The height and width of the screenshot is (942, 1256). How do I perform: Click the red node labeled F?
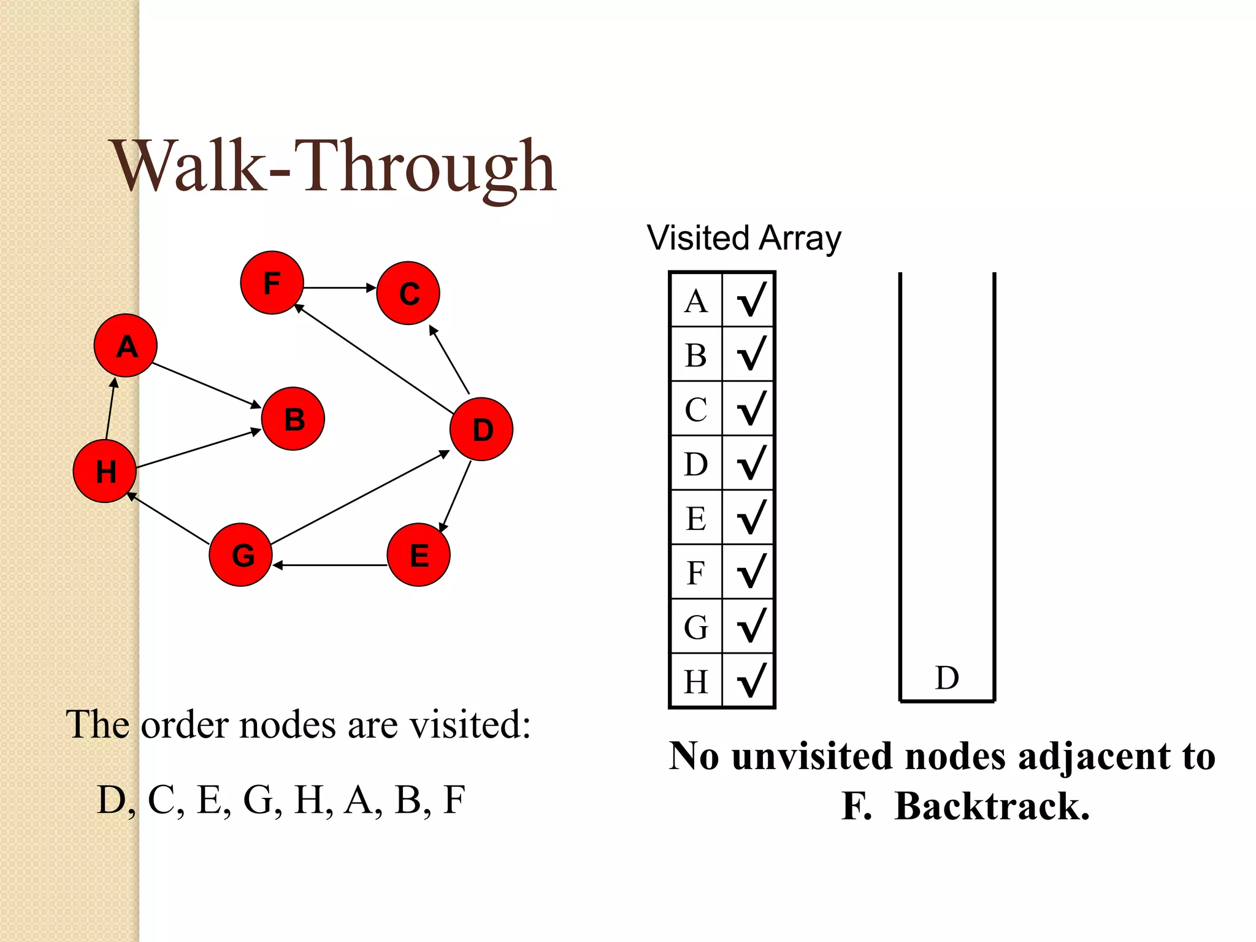pyautogui.click(x=272, y=283)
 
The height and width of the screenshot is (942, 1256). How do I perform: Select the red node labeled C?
pyautogui.click(x=408, y=293)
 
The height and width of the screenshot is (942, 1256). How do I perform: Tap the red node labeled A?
pyautogui.click(x=126, y=345)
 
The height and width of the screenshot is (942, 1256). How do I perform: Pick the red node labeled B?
pyautogui.click(x=293, y=419)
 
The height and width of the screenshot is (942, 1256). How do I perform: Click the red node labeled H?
pyautogui.click(x=104, y=471)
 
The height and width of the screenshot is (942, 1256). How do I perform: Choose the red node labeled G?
pyautogui.click(x=241, y=554)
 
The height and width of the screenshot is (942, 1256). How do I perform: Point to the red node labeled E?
pyautogui.click(x=418, y=554)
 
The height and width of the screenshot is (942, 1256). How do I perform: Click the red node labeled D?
pyautogui.click(x=481, y=429)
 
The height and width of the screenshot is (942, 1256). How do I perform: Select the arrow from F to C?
pyautogui.click(x=339, y=288)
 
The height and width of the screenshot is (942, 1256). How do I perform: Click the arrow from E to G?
pyautogui.click(x=330, y=565)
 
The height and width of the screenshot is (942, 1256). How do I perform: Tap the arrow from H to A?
pyautogui.click(x=110, y=408)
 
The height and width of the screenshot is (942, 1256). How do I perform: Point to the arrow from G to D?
pyautogui.click(x=361, y=497)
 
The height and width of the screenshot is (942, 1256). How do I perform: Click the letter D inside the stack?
pyautogui.click(x=947, y=678)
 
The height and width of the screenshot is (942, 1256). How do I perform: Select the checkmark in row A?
pyautogui.click(x=751, y=299)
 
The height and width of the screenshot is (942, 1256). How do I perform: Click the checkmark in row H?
pyautogui.click(x=751, y=680)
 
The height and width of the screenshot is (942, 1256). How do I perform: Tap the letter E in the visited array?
pyautogui.click(x=696, y=518)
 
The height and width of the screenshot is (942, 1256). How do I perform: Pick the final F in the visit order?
pyautogui.click(x=454, y=800)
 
